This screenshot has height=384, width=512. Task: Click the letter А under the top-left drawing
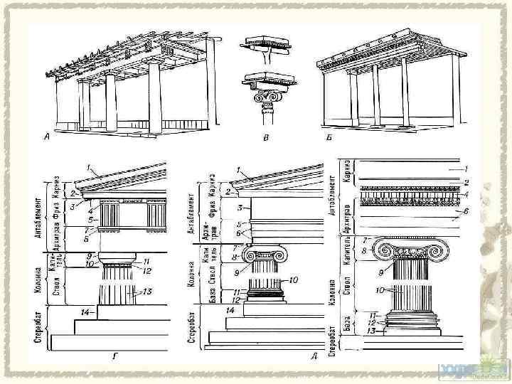[48, 137]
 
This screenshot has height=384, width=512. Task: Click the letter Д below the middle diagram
[314, 354]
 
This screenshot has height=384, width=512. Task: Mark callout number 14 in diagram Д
[229, 311]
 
